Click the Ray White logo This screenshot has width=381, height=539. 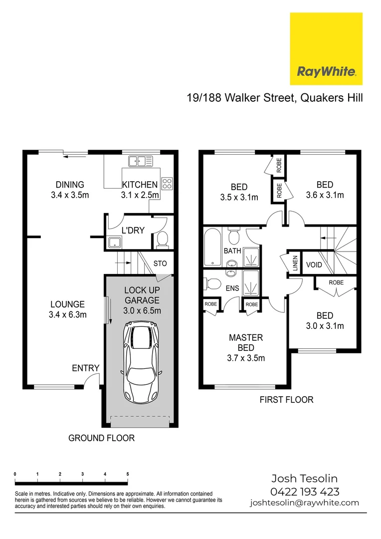pos(326,48)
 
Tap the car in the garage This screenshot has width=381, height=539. pos(141,359)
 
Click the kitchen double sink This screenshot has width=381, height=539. pos(140,161)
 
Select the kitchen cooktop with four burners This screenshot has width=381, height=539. pos(167,184)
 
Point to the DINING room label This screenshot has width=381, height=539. pos(70,190)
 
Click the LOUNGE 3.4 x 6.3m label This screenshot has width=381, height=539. pos(67,309)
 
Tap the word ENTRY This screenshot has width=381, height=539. pos(85,368)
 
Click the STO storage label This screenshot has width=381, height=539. pos(160,263)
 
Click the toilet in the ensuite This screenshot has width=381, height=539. pos(212,283)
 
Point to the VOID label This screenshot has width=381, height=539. pos(314,265)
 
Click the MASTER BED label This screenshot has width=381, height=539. pos(246,348)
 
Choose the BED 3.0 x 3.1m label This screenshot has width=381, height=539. pos(325,321)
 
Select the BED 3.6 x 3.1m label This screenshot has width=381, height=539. pos(325,190)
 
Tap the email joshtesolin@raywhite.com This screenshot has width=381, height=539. pos(304,503)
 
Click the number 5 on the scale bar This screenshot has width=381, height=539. pos(128,474)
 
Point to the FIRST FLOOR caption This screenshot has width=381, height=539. pos(287,399)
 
